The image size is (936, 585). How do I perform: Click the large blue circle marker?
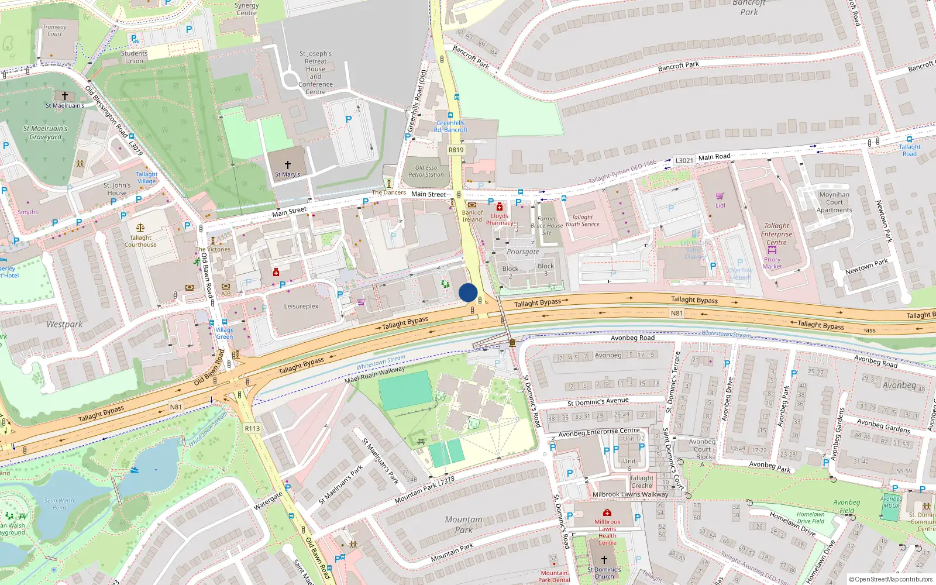tap(468, 292)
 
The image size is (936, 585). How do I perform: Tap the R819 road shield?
tap(456, 150)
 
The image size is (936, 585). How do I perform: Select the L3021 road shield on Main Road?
tap(684, 160)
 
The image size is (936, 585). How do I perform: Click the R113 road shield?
tap(252, 429)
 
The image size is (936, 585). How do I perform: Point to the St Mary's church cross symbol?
tap(287, 165)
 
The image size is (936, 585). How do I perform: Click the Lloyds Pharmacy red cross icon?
tap(499, 207)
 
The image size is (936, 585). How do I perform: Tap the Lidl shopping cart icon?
tap(720, 197)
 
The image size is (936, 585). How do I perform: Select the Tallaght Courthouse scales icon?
tap(140, 228)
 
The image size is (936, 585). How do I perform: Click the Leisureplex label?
tap(301, 307)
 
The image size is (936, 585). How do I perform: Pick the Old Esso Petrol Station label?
tap(426, 171)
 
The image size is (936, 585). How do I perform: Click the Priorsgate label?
tap(522, 252)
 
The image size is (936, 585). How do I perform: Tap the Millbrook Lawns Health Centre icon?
tap(607, 513)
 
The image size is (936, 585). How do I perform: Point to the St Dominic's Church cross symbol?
tap(604, 560)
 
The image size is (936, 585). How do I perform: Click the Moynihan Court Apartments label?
tap(834, 202)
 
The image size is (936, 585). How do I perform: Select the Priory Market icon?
tap(772, 250)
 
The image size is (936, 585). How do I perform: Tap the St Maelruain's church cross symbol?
tap(65, 96)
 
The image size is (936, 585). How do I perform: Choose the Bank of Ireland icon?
tap(472, 205)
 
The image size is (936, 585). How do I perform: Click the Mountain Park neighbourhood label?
tap(463, 524)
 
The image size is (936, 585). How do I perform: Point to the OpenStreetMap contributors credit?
tap(890, 579)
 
